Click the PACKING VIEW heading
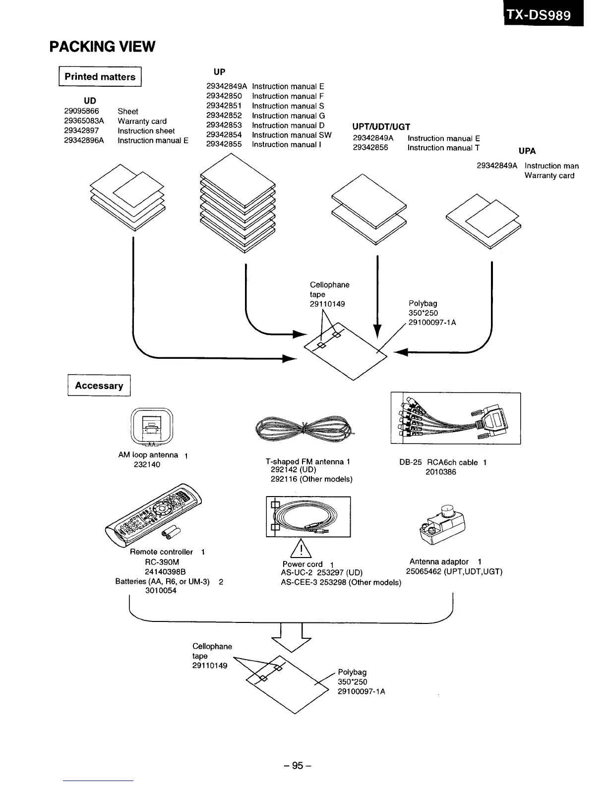[x=102, y=47]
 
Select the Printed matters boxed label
[x=100, y=77]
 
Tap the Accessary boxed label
[x=99, y=386]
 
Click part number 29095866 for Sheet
[x=81, y=112]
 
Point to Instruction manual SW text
[x=292, y=135]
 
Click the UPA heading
[x=527, y=151]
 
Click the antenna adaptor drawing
[x=443, y=524]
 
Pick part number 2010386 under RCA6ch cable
[x=440, y=472]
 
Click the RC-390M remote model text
[x=162, y=562]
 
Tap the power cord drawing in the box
[x=308, y=516]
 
